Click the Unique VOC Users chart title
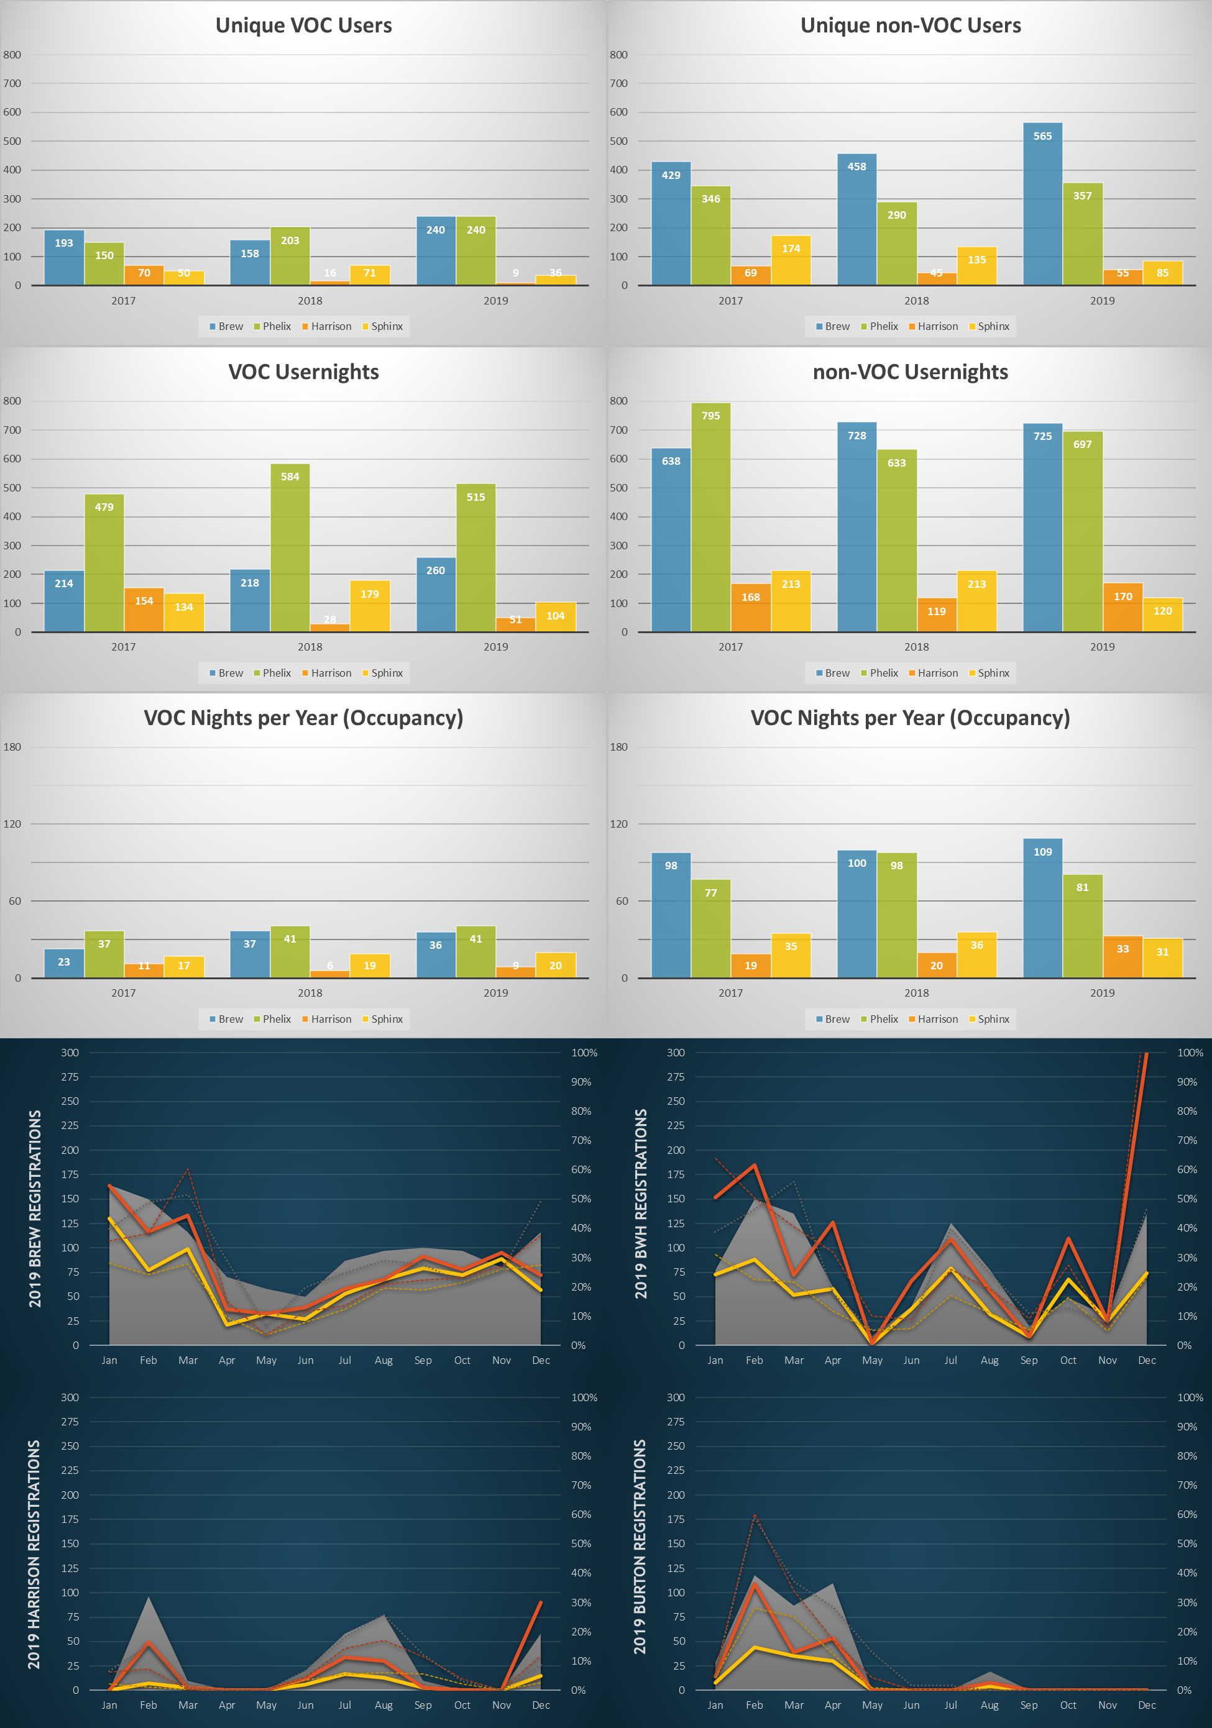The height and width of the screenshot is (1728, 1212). point(303,25)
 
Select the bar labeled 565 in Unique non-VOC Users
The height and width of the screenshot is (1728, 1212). point(1042,204)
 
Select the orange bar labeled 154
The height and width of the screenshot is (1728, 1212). point(144,610)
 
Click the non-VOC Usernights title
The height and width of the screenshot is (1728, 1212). point(910,372)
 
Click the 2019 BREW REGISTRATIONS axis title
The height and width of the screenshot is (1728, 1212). point(35,1208)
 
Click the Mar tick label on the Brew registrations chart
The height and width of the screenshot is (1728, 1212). point(188,1360)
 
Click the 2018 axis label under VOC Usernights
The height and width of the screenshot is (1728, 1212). point(310,646)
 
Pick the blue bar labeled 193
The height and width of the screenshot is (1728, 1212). point(64,257)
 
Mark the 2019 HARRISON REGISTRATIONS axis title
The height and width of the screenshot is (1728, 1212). point(35,1553)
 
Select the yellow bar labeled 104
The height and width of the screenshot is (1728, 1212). point(556,617)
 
